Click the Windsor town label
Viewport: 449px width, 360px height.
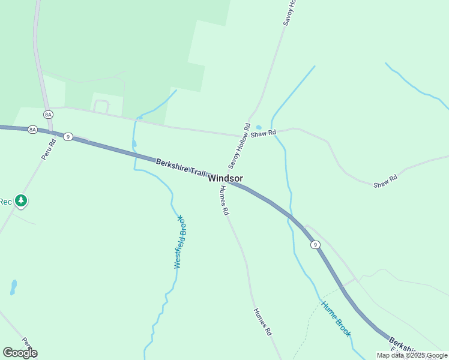point(226,178)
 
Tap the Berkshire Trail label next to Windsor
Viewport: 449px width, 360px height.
point(181,167)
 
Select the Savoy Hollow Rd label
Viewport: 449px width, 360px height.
point(239,146)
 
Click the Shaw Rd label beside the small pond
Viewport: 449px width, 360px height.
point(264,133)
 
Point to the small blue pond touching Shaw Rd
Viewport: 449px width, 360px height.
point(259,127)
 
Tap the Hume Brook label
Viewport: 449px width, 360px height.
point(336,319)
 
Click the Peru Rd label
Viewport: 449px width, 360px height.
point(49,149)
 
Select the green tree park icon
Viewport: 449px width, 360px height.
point(22,200)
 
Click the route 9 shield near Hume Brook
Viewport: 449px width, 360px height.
point(315,244)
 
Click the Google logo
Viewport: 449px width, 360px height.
point(20,353)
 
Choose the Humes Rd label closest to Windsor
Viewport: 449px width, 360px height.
point(224,200)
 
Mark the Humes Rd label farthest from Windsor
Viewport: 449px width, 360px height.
point(263,322)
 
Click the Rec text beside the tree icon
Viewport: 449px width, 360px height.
point(5,202)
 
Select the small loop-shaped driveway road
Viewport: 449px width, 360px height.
point(101,106)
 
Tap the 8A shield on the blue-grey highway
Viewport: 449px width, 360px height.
point(32,129)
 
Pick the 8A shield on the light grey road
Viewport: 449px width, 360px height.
point(49,114)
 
